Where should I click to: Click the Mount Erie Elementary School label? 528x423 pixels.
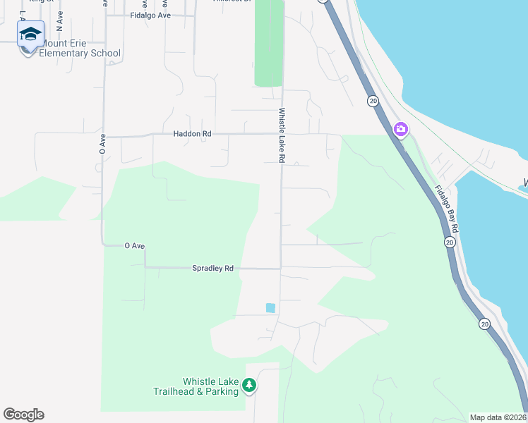[80, 48]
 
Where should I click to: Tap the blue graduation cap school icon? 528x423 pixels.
[30, 34]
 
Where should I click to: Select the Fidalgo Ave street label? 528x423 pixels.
[150, 15]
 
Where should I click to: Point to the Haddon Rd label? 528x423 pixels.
[192, 133]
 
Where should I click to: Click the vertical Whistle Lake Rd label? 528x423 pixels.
[281, 135]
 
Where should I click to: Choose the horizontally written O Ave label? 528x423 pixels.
[134, 245]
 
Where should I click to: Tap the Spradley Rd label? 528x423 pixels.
[212, 268]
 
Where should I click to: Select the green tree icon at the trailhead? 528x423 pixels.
[248, 386]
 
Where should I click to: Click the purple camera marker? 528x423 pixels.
[401, 129]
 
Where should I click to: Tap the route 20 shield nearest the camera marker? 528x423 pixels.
[373, 102]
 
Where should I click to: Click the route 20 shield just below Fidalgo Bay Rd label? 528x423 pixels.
[449, 242]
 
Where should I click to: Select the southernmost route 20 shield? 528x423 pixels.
[484, 324]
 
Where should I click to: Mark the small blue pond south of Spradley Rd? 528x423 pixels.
[270, 307]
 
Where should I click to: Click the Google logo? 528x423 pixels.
[23, 415]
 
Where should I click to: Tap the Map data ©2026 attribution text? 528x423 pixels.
[498, 417]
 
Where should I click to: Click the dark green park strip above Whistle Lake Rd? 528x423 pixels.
[269, 42]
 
